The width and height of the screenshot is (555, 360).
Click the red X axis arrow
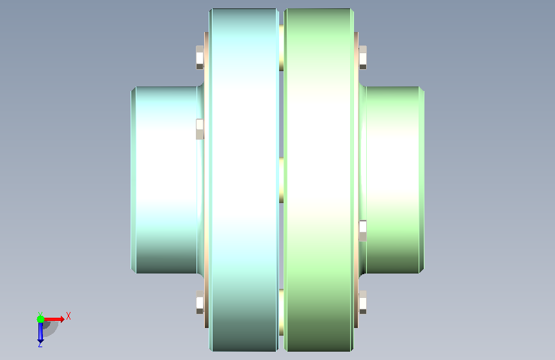53,319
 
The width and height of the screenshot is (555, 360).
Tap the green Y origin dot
40,319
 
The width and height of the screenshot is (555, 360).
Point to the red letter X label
68,316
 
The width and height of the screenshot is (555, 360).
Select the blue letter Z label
40,345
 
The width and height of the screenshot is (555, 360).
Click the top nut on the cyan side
200,58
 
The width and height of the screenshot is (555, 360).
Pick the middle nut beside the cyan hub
200,129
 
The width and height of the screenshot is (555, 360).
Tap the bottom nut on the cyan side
200,302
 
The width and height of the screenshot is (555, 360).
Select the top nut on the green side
363,58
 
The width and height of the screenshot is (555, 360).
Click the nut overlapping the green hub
363,231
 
